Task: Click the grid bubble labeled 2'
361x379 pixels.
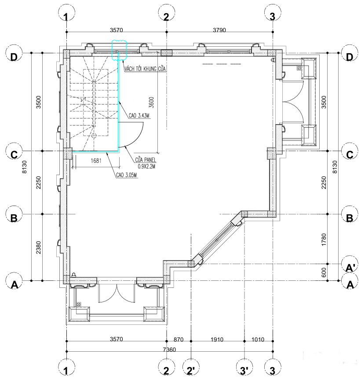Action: click(191, 370)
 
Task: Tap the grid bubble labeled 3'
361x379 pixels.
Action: click(244, 370)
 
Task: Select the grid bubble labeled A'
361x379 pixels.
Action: click(350, 264)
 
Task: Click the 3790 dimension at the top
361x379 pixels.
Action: click(219, 30)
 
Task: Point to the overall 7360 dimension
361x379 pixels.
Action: click(169, 350)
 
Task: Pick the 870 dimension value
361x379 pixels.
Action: click(179, 339)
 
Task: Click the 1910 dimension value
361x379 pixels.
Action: click(217, 339)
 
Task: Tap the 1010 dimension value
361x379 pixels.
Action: click(258, 339)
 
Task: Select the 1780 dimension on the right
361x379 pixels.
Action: click(324, 239)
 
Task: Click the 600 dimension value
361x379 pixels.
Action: click(324, 272)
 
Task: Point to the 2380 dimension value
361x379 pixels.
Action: click(38, 247)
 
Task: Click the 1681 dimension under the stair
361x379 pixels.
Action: click(96, 161)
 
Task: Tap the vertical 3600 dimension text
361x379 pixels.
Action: click(151, 102)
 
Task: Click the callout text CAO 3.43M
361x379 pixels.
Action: click(139, 115)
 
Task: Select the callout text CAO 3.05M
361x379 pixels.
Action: click(127, 175)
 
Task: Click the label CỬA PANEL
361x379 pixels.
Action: click(146, 160)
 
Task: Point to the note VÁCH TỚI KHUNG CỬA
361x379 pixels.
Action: click(145, 69)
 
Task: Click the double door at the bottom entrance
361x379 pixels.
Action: click(117, 293)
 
